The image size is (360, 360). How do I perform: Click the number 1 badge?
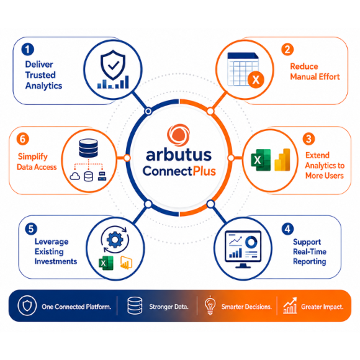tap(27, 50)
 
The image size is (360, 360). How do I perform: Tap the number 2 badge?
tap(287, 50)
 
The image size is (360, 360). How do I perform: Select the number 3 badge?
tap(309, 139)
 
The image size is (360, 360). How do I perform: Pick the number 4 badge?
tap(287, 229)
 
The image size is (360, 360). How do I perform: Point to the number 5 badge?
tap(31, 229)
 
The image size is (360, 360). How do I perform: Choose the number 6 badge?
tap(23, 139)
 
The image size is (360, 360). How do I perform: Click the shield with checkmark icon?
tap(113, 65)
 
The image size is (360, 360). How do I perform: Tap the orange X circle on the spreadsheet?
tap(256, 80)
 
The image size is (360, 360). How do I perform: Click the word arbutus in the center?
tap(179, 155)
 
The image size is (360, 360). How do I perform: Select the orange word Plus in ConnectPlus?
tap(204, 171)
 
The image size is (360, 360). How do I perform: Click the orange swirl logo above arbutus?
tap(179, 135)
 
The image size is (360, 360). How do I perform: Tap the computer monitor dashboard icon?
tap(243, 249)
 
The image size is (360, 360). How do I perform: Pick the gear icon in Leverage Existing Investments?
tap(114, 239)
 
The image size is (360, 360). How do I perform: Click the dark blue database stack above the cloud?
tap(89, 148)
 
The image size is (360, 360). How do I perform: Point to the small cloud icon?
tap(75, 176)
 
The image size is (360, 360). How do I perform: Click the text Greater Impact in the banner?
tap(322, 307)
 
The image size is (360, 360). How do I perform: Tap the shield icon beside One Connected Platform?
tap(27, 305)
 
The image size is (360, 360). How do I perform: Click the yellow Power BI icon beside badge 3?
tap(282, 160)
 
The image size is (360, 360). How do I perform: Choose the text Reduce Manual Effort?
tap(315, 71)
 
